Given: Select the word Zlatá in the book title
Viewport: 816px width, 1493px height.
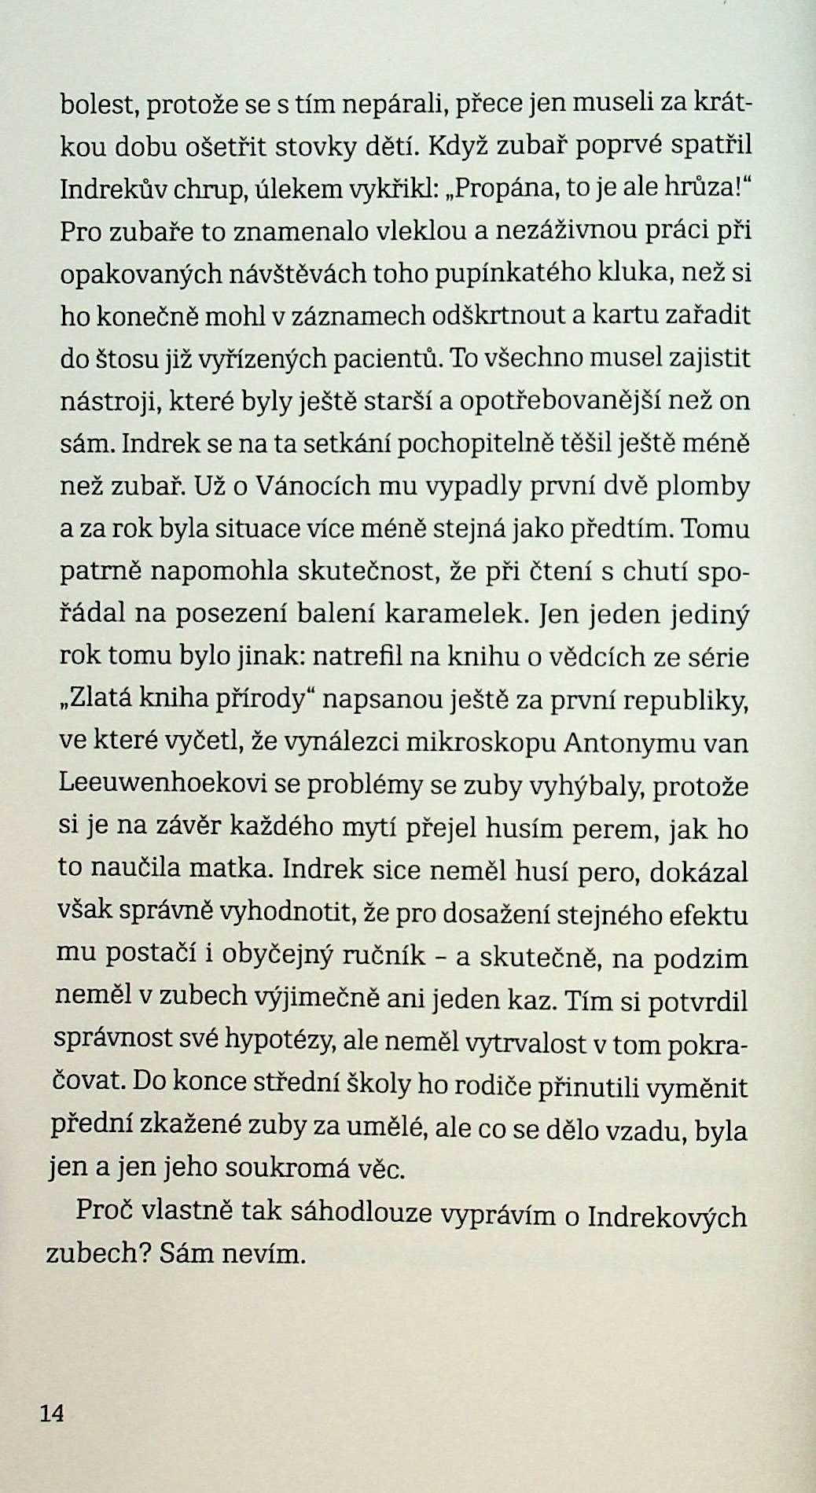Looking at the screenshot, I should coord(92,699).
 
